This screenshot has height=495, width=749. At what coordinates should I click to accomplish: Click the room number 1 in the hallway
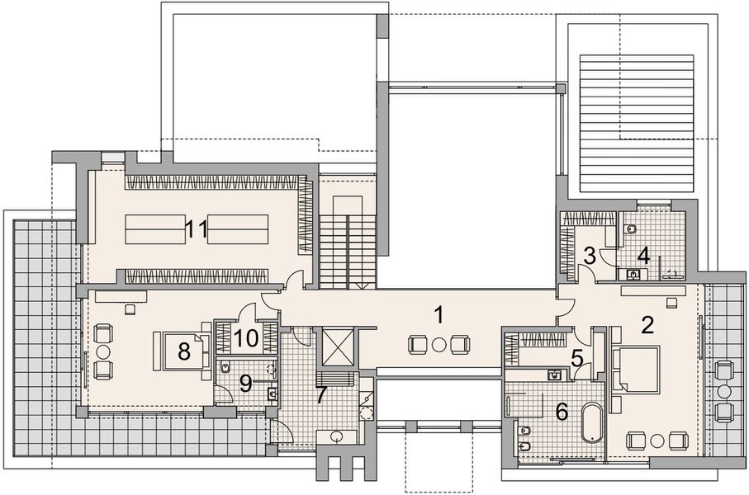tap(440, 314)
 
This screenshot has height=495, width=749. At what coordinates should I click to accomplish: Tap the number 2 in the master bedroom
tap(647, 324)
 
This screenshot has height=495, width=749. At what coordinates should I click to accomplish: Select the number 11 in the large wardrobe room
tap(196, 229)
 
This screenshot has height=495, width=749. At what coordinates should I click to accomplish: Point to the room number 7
tap(320, 395)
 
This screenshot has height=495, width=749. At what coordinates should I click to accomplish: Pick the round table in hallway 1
tap(439, 344)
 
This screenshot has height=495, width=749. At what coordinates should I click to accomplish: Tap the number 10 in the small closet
tap(245, 337)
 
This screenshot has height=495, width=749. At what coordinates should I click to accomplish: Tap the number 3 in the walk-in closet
tap(590, 256)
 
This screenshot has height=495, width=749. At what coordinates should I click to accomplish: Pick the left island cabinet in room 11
tap(155, 229)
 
